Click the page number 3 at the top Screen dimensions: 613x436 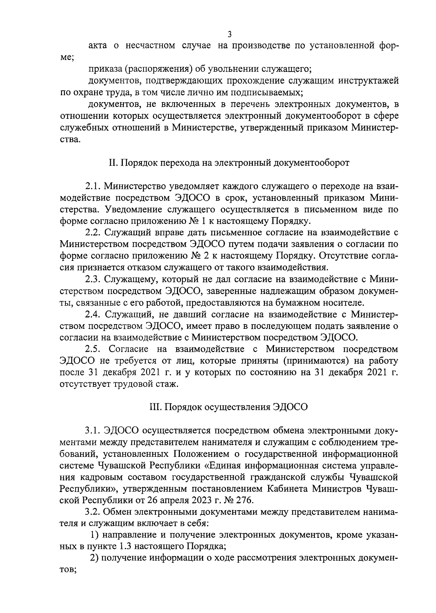229,35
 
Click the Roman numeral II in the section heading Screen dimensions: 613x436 112,163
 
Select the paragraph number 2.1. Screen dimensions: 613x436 93,186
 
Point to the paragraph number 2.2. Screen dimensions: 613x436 93,233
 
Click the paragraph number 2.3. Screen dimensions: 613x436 93,279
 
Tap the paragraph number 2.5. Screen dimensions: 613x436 93,349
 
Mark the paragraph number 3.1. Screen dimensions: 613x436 93,431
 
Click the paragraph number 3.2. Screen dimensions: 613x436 93,512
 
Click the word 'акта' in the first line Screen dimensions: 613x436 98,46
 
